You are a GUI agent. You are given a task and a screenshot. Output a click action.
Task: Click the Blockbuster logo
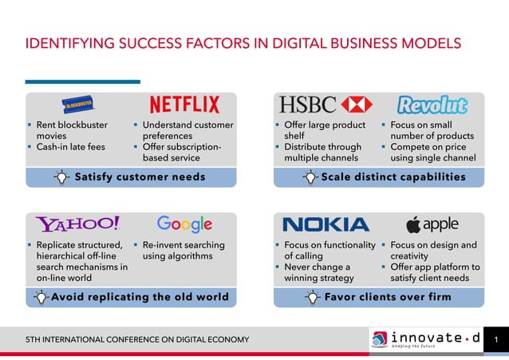pos(80,105)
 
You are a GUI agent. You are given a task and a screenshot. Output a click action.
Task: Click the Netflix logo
pos(184,105)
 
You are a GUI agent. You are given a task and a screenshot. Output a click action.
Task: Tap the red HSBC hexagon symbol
pos(355,105)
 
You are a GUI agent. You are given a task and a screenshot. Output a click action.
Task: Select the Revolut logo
pos(432,105)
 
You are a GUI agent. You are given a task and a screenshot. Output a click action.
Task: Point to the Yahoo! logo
pos(77,224)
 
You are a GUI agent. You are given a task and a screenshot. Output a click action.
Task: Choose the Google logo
pos(184,224)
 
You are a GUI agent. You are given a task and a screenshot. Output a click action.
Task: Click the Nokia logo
pos(326,224)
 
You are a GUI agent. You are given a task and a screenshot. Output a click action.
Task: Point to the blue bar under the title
pos(82,81)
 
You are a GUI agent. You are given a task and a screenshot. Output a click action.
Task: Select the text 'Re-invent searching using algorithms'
pos(183,251)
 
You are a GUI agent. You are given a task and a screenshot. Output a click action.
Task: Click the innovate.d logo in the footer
pos(426,340)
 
